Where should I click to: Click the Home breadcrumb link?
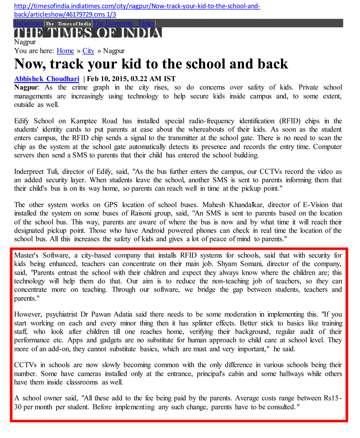pyautogui.click(x=65, y=51)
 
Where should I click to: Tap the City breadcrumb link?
pyautogui.click(x=88, y=51)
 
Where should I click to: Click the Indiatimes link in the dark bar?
pyautogui.click(x=28, y=23)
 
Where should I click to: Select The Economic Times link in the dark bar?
pyautogui.click(x=124, y=23)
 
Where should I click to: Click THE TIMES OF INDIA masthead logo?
pyautogui.click(x=88, y=33)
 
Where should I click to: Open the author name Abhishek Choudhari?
pyautogui.click(x=47, y=79)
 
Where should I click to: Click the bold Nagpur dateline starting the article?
pyautogui.click(x=26, y=87)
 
